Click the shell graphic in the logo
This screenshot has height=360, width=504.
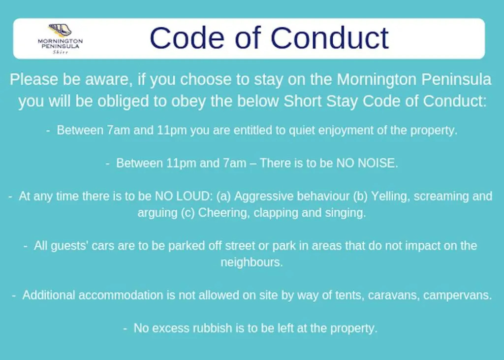(x=60, y=30)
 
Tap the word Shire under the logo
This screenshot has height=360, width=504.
(x=61, y=52)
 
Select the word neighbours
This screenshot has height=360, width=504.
(x=252, y=262)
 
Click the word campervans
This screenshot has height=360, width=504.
(x=457, y=295)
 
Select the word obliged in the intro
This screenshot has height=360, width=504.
(x=123, y=101)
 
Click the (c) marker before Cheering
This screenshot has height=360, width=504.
(x=188, y=213)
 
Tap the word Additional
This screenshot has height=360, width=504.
(x=49, y=295)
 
